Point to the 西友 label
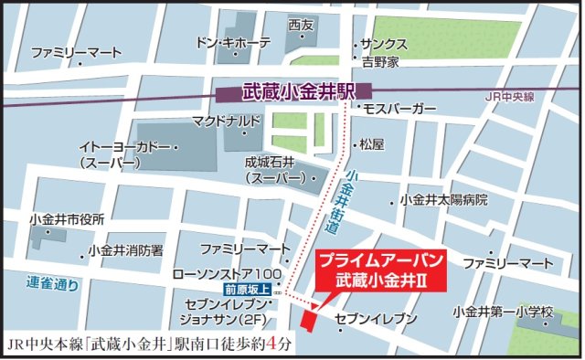pos(300,25)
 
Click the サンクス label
pos(383,44)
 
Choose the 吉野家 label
pos(380,62)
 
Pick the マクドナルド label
pos(227,121)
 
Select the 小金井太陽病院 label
pos(443,200)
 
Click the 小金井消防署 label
pos(125,249)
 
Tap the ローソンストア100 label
pos(230,274)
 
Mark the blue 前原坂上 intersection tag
pos(248,290)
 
